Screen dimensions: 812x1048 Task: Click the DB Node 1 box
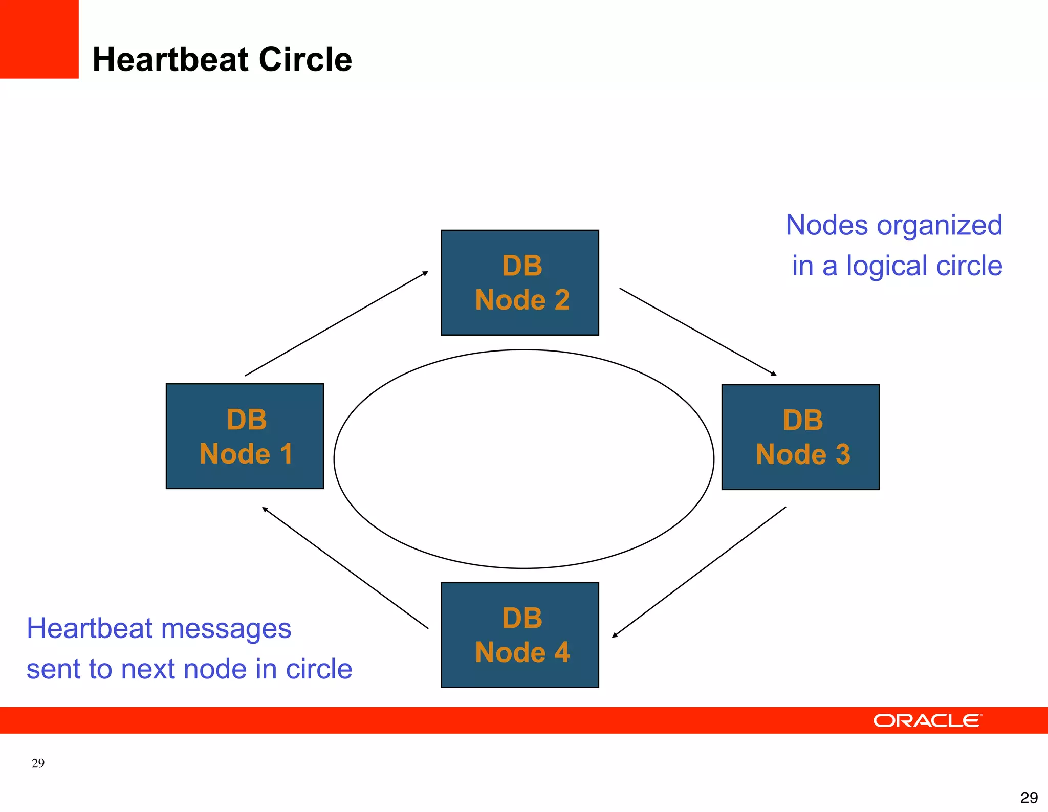coord(245,436)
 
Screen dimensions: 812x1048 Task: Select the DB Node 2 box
coord(519,282)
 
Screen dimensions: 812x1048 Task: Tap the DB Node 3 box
coord(800,437)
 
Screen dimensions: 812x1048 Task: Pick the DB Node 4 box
coord(519,634)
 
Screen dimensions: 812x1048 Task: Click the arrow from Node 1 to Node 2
coord(336,324)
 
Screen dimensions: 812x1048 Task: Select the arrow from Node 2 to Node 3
coord(698,332)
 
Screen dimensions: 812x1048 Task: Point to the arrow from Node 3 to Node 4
coord(699,572)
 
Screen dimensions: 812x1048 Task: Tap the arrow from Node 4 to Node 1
coord(345,567)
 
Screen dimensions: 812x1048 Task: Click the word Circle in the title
coord(305,60)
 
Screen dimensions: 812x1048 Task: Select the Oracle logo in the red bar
coord(927,720)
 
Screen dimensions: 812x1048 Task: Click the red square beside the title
coord(39,39)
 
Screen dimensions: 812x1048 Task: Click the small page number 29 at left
coord(38,763)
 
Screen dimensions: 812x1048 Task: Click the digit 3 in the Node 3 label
coord(843,454)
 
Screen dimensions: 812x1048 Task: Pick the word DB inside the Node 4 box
coord(522,618)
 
